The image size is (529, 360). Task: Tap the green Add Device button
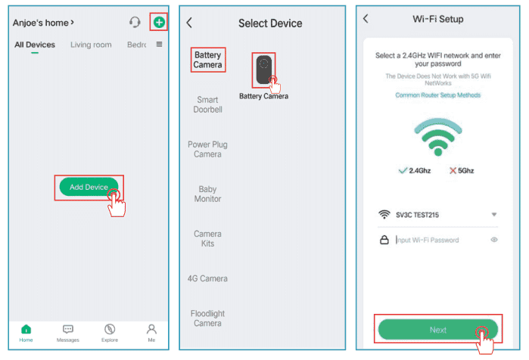coord(89,187)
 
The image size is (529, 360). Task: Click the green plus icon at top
coord(159,22)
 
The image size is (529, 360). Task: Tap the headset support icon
coord(135,22)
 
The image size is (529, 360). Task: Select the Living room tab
coord(91,45)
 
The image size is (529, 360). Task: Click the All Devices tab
coord(35,45)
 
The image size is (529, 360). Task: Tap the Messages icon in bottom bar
coord(68,329)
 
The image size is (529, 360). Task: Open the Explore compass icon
coord(110,329)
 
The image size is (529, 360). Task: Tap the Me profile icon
coord(151,329)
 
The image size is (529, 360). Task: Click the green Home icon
coord(26,329)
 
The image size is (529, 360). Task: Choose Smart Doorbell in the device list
coord(207,104)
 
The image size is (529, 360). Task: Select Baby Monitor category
coord(207,194)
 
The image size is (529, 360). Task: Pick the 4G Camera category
coord(207,278)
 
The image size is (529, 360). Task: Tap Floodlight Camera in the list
coord(207,318)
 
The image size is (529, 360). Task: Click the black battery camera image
coord(263,70)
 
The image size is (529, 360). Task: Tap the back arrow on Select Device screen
coord(189,23)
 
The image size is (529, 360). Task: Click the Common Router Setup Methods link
coord(438,95)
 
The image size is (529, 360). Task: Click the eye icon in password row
coord(494,240)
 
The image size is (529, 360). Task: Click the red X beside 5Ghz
coord(453,171)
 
